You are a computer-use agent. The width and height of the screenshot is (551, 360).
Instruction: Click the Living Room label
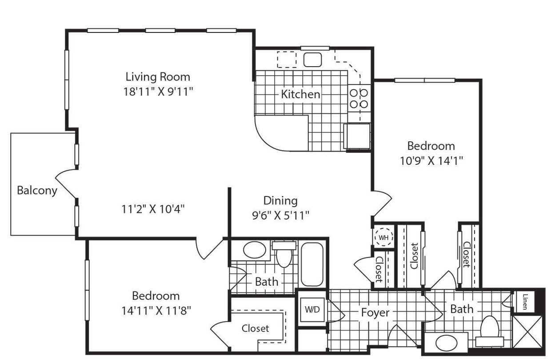click(158, 77)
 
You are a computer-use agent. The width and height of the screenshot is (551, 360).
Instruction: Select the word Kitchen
click(300, 94)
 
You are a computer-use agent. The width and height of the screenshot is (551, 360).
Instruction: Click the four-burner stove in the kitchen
click(359, 98)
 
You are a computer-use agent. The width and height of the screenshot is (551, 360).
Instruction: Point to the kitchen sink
click(313, 60)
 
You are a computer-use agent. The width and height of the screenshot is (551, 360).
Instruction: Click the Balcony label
click(37, 191)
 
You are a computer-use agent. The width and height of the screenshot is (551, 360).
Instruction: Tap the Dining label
click(280, 200)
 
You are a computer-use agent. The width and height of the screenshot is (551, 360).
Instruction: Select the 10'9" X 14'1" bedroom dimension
click(431, 160)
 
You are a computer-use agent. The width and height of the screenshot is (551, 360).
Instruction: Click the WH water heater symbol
click(383, 237)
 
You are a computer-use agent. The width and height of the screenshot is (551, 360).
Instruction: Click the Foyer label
click(375, 313)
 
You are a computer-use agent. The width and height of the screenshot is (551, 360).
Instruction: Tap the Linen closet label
click(524, 302)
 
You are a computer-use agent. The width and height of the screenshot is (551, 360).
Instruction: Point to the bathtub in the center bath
click(312, 264)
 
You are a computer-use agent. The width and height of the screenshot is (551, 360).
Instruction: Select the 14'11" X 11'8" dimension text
click(156, 310)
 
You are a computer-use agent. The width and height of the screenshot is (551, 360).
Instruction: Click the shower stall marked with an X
click(527, 332)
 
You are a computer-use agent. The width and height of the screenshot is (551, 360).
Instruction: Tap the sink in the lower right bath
click(446, 344)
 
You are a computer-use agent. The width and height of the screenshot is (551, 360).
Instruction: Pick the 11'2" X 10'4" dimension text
click(153, 209)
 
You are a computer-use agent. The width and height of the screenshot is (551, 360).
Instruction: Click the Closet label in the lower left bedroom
click(255, 328)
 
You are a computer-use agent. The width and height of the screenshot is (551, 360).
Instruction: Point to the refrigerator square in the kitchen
click(357, 136)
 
